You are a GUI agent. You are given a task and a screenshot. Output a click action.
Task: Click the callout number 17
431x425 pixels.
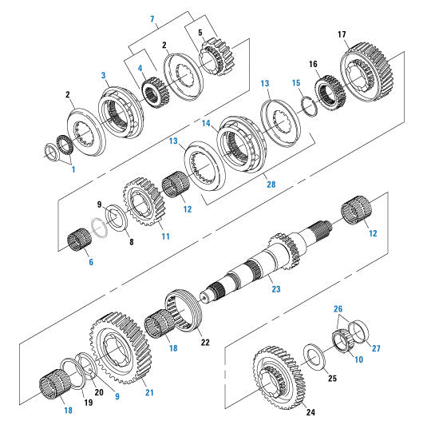341,34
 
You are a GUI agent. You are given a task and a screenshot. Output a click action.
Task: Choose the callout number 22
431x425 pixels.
205,342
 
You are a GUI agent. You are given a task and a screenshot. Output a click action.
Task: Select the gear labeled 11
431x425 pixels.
144,205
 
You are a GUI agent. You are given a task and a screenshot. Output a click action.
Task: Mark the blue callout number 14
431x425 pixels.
206,124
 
